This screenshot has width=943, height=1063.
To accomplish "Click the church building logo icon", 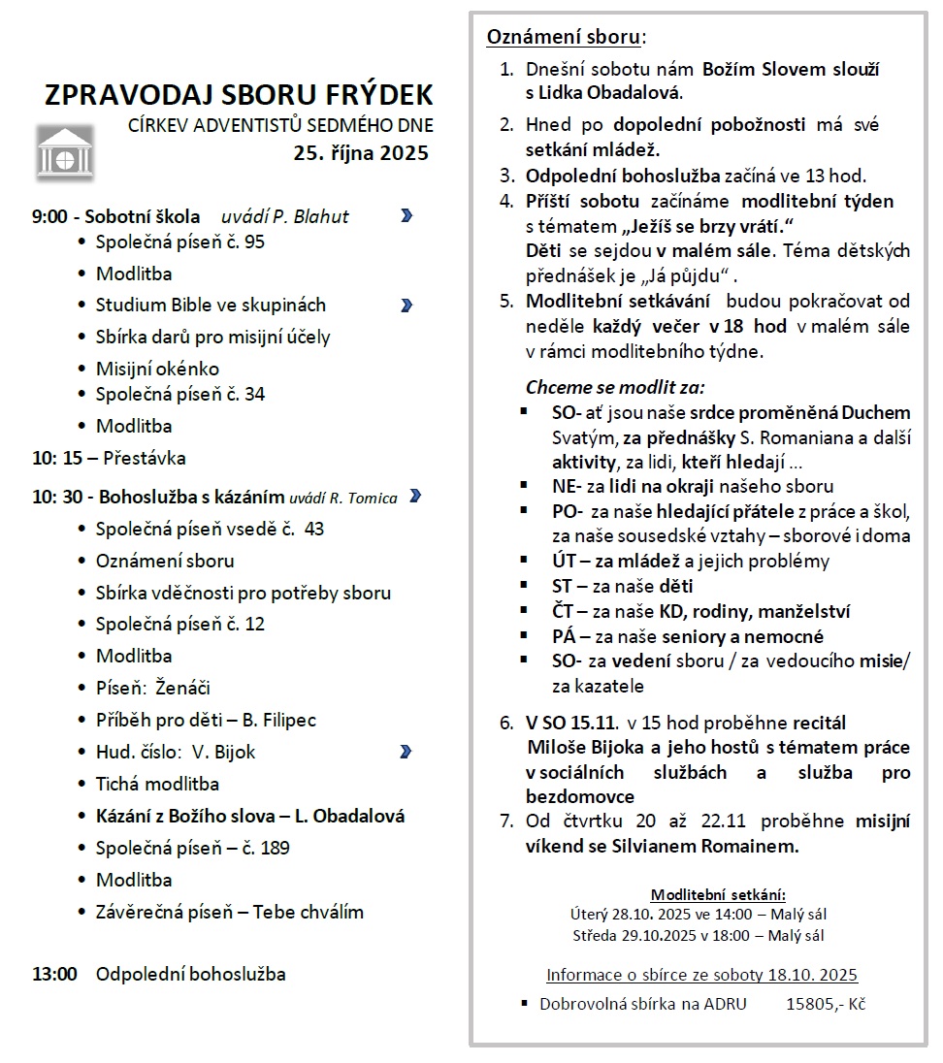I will pyautogui.click(x=65, y=151).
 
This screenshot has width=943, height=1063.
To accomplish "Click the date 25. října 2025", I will pyautogui.click(x=362, y=153).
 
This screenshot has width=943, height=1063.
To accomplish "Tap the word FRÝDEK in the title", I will pyautogui.click(x=379, y=95).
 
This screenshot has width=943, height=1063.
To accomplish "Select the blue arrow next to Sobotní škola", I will pyautogui.click(x=406, y=215).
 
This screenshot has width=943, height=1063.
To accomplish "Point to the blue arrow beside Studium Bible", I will pyautogui.click(x=406, y=306).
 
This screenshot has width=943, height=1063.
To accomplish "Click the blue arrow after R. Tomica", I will pyautogui.click(x=415, y=497).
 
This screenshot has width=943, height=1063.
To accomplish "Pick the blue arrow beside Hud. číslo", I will pyautogui.click(x=406, y=752).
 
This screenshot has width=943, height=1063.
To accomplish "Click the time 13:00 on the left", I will pyautogui.click(x=54, y=974).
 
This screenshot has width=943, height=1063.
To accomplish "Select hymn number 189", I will pyautogui.click(x=276, y=848).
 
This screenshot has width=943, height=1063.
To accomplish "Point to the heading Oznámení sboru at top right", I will pyautogui.click(x=564, y=38).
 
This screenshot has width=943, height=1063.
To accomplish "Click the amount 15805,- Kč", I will pyautogui.click(x=825, y=1004).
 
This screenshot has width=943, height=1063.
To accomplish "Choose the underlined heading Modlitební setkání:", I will pyautogui.click(x=718, y=894).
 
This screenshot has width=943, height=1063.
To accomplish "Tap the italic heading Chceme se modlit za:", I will pyautogui.click(x=615, y=387).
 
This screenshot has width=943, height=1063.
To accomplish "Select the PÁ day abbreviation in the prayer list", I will pyautogui.click(x=564, y=636).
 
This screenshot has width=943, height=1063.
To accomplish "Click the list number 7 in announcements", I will pyautogui.click(x=505, y=821).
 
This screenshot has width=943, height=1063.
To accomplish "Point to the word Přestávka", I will pyautogui.click(x=145, y=458).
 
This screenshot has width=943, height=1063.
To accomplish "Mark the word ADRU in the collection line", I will pyautogui.click(x=725, y=1004).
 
